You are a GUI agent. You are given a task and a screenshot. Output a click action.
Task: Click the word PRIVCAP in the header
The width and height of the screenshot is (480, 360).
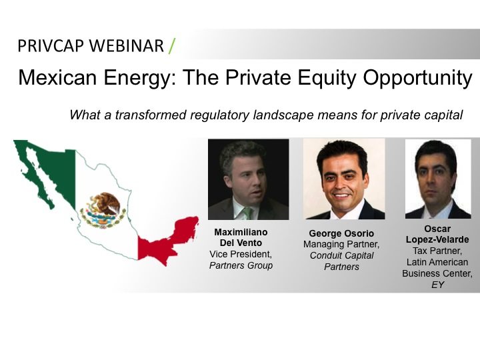[51, 46]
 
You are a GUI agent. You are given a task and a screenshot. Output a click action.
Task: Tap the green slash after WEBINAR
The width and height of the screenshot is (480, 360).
[172, 46]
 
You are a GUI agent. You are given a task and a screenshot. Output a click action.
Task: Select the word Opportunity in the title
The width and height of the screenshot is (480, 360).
[417, 78]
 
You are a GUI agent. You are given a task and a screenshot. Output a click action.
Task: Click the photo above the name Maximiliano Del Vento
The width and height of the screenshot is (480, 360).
[248, 179]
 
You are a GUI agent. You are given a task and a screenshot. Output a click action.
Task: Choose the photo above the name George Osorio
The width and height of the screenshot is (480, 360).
[344, 179]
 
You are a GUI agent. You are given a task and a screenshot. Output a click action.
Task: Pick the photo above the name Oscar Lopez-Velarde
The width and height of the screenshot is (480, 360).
[438, 179]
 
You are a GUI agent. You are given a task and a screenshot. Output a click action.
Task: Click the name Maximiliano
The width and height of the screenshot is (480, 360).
[241, 232]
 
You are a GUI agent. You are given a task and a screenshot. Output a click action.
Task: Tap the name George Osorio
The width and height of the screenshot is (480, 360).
[341, 233]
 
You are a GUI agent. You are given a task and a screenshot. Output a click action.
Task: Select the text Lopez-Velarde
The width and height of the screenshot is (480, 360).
[437, 239]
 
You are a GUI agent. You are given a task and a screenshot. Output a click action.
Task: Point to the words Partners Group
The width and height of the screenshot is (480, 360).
[241, 265]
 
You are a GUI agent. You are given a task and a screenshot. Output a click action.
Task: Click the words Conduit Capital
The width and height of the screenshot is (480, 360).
[341, 255]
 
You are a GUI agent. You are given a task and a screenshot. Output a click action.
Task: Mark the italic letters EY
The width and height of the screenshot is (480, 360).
[437, 285]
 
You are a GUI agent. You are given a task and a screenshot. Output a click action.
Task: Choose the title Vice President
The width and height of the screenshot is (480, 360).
[241, 254]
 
